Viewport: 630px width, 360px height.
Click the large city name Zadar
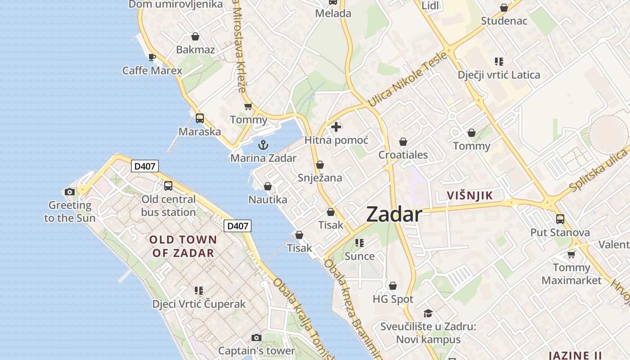click(394, 215)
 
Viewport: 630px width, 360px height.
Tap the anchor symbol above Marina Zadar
click(263, 145)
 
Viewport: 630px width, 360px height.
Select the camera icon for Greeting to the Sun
click(69, 192)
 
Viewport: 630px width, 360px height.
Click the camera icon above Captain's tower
click(256, 337)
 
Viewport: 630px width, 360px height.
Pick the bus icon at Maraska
click(200, 118)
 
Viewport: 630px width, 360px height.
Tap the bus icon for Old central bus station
click(168, 185)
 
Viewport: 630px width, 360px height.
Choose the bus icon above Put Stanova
click(560, 219)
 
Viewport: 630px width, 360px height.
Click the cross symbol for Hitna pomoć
click(336, 127)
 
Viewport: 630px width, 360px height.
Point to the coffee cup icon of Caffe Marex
click(152, 57)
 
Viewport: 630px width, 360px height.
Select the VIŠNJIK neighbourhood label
click(470, 195)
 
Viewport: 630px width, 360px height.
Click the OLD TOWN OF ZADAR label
click(183, 246)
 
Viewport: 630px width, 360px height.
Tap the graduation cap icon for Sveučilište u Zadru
click(428, 313)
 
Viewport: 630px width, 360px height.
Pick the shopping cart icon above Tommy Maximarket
click(571, 254)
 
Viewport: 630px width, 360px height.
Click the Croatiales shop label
click(403, 155)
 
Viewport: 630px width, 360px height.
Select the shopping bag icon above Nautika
click(268, 186)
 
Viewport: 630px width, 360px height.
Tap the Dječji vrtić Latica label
click(499, 75)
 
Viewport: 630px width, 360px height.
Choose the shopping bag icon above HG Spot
click(393, 286)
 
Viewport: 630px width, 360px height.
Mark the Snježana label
click(320, 178)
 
